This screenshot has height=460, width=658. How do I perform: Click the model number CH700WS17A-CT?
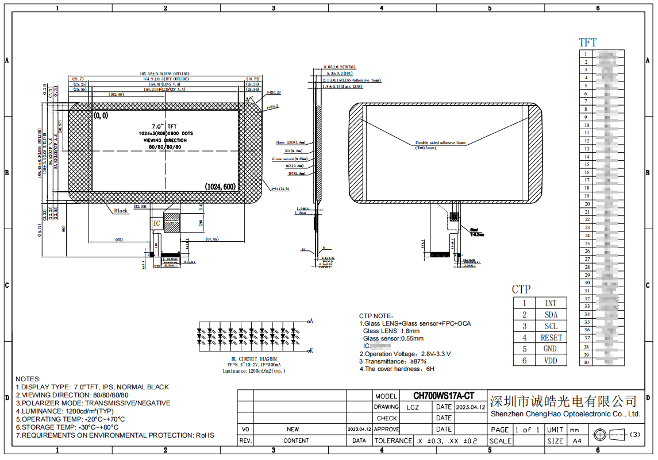(444, 396)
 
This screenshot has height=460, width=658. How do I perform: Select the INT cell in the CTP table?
(550, 303)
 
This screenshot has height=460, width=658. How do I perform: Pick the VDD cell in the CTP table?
(550, 361)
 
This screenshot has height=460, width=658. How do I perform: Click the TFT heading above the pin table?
(587, 42)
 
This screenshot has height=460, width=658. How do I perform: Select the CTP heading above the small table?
(521, 289)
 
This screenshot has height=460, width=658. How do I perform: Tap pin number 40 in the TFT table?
(587, 362)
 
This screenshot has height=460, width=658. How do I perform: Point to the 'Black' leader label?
(121, 211)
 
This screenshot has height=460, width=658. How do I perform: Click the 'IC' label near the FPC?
(156, 223)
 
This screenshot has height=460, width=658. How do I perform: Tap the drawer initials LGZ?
(413, 407)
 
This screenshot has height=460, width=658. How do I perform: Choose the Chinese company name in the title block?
(563, 400)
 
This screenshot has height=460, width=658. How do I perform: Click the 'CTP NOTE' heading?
(376, 316)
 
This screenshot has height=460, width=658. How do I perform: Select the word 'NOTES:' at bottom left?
(28, 379)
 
